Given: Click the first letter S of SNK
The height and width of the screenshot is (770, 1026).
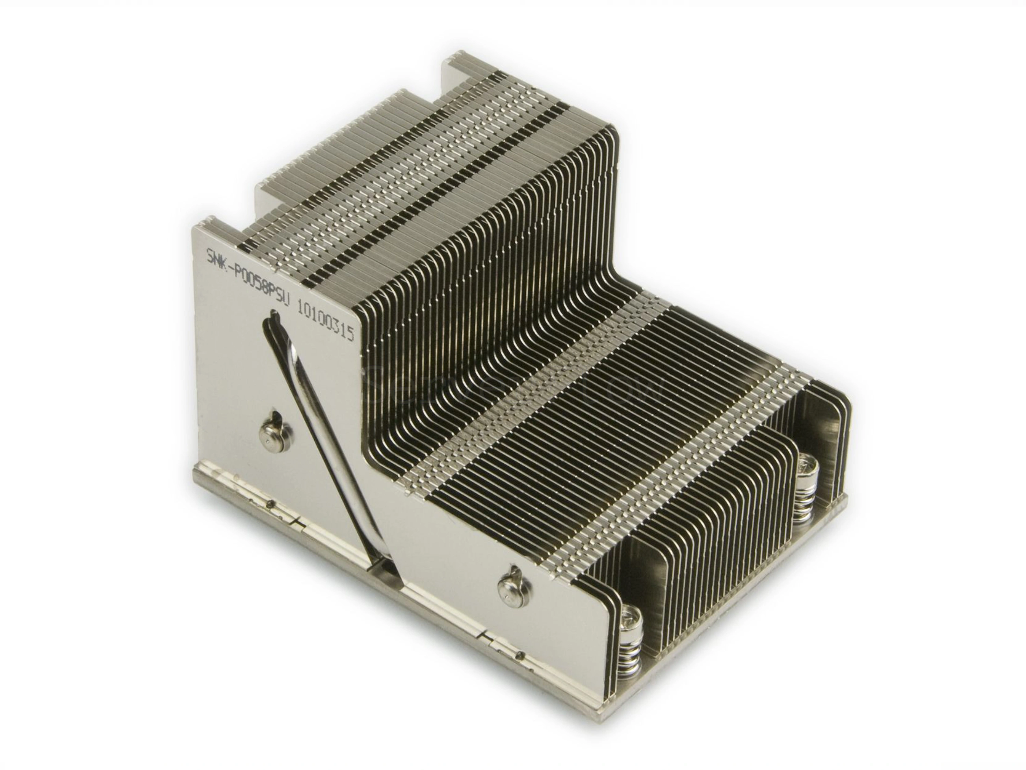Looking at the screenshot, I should click(x=209, y=256).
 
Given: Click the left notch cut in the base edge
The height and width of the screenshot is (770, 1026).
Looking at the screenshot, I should click(x=297, y=523).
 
